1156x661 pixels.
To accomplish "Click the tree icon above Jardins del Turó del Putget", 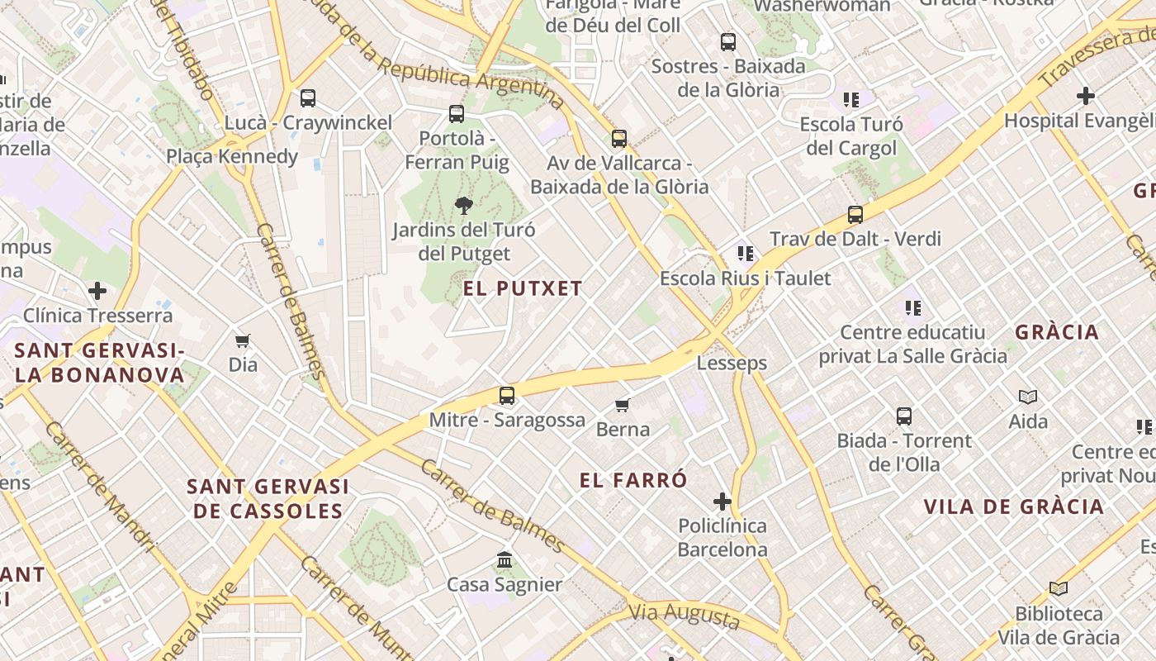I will click(464, 206).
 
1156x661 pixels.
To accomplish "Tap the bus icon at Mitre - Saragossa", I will click(507, 396).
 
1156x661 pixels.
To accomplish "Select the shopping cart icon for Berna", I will click(623, 405).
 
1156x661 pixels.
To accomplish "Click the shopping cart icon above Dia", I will click(243, 340).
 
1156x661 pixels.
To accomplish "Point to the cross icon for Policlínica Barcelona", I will click(722, 502).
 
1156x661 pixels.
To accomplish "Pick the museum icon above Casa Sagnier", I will click(505, 560).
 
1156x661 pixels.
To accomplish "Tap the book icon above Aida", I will click(1028, 397).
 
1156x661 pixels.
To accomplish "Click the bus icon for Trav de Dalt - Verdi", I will click(855, 215).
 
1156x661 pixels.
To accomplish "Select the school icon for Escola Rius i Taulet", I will click(746, 254).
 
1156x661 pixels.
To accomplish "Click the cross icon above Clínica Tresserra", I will click(97, 291).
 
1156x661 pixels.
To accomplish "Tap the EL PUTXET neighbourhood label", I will click(523, 288).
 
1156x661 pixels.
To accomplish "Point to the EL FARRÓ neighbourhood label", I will click(633, 480).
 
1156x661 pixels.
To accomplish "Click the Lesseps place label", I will click(732, 363).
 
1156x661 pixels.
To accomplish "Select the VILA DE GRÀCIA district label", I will click(1013, 506).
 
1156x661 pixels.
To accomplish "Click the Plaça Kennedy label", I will click(232, 156).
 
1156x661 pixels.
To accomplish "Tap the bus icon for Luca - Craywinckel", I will click(308, 98).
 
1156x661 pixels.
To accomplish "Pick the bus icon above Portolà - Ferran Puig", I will click(457, 114).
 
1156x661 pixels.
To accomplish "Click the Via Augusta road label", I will click(685, 616).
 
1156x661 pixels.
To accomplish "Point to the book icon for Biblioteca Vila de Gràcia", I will click(1059, 589).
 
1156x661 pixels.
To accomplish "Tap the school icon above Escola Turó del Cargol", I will click(851, 100).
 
